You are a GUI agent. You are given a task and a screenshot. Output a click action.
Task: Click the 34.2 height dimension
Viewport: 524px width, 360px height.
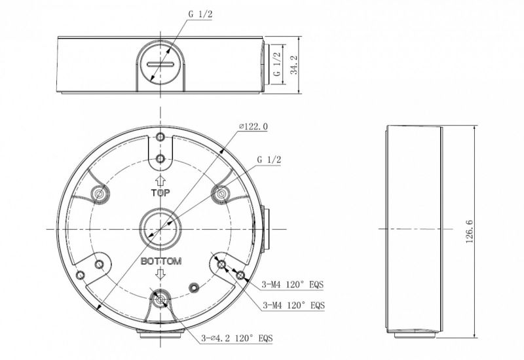[295, 65]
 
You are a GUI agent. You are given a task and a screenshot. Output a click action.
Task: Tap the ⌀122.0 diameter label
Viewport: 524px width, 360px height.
[254, 127]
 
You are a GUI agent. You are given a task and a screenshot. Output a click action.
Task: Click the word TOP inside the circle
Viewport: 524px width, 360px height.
[161, 193]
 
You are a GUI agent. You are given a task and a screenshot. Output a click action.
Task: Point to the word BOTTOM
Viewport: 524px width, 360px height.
[161, 261]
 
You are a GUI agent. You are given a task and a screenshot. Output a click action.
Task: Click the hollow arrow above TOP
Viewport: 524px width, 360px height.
[161, 180]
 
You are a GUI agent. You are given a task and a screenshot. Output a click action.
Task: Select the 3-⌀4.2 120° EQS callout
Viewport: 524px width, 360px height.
[240, 338]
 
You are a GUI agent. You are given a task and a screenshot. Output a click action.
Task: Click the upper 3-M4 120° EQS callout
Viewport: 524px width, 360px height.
[293, 285]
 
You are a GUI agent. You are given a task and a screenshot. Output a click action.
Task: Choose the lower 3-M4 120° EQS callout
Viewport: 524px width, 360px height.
[293, 305]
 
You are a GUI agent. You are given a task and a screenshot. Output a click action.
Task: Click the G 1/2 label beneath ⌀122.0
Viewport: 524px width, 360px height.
[269, 159]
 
